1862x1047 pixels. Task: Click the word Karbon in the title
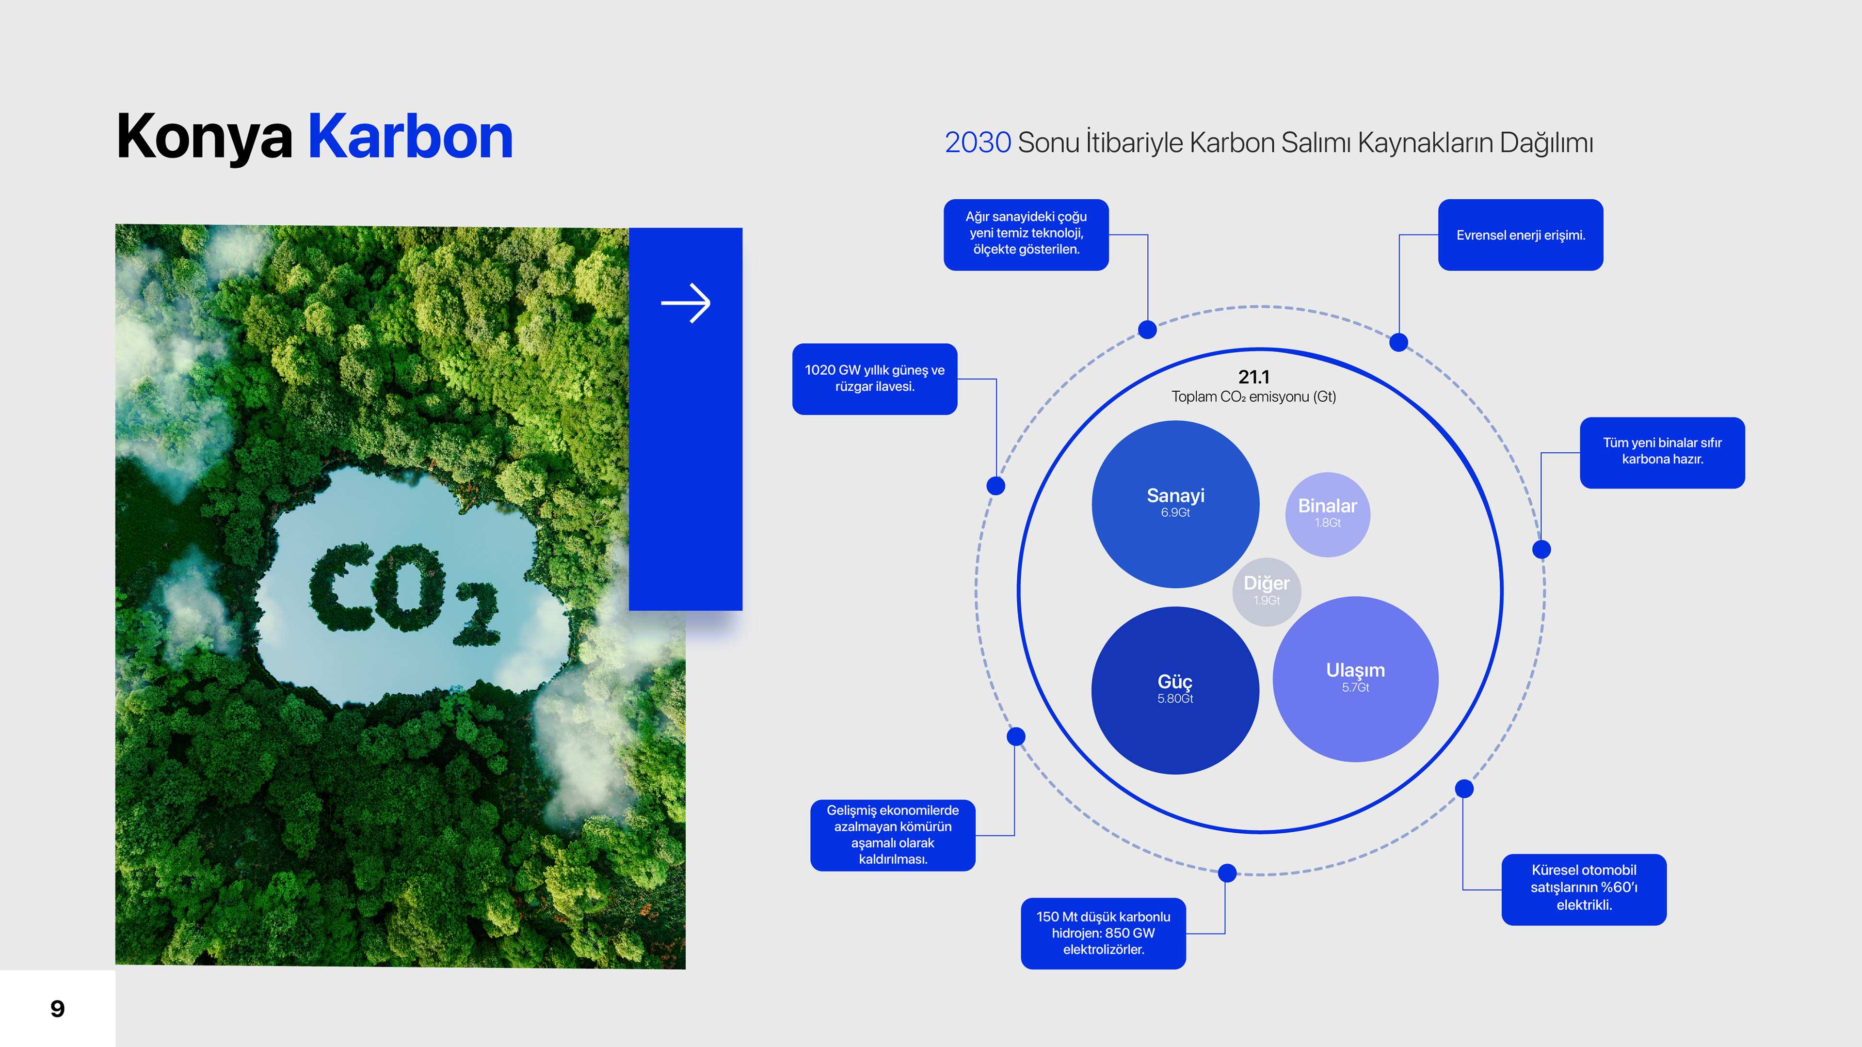[411, 137]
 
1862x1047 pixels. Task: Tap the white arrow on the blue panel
[685, 303]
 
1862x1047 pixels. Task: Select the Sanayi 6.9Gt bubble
[1175, 504]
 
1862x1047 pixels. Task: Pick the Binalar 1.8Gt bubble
[1327, 514]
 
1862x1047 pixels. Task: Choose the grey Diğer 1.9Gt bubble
[1267, 591]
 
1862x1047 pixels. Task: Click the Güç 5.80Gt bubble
[1175, 690]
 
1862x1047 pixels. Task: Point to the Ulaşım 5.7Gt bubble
[1355, 679]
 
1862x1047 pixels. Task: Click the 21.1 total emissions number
[1253, 377]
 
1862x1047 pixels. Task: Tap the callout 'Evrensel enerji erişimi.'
[1520, 235]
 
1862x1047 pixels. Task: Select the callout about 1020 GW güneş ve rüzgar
[875, 379]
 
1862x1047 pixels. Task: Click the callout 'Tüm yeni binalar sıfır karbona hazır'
[1662, 452]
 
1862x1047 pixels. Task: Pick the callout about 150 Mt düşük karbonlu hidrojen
[1103, 933]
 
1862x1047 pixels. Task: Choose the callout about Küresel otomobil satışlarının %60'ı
[1584, 889]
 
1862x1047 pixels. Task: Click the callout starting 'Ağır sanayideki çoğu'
[1026, 235]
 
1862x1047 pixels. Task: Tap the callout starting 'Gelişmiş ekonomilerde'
[893, 835]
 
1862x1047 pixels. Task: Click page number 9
[58, 1009]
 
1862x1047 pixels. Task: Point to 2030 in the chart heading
[977, 143]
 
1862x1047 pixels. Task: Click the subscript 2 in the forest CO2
[477, 614]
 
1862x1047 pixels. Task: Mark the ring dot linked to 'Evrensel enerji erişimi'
[1398, 343]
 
